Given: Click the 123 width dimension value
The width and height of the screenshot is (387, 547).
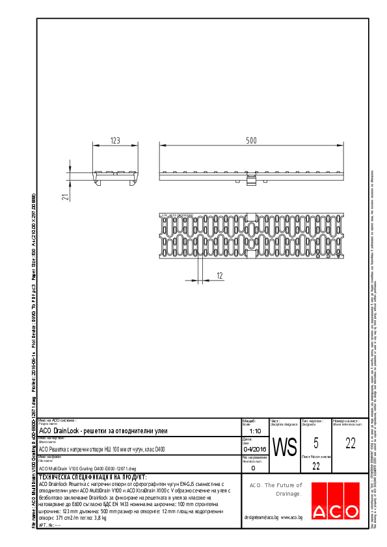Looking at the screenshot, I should pos(115,140).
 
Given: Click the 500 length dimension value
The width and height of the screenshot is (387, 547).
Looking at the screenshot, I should pos(251,140).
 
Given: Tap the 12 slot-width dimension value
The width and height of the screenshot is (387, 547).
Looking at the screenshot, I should pos(220,276).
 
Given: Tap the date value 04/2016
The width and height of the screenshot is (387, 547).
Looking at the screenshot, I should pos(254,449).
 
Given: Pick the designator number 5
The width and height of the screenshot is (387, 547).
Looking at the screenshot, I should pos(315,444).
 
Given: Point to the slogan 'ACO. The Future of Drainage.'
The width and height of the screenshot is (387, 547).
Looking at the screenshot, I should pos(276,489).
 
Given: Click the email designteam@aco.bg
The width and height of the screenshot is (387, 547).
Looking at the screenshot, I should pos(261,516).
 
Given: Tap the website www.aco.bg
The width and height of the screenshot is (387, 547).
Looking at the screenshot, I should pos(292,516).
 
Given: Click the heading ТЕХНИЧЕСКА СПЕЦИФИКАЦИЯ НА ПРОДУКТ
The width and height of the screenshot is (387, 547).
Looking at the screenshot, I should pos(94,476).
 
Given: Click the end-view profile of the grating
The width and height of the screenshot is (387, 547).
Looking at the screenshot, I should pos(115,177).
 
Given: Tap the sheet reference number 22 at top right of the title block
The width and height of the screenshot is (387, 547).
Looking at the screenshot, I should pos(351,444).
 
